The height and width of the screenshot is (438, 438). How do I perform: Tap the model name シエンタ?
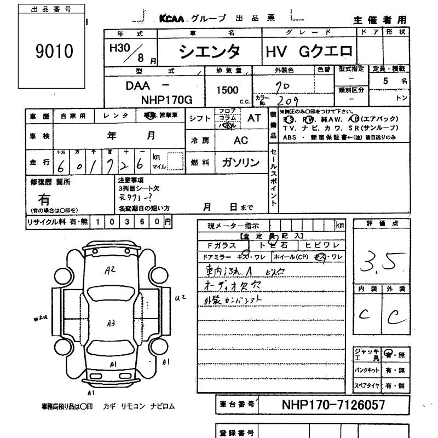coord(210,51)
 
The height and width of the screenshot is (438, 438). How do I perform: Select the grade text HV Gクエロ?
coord(309,51)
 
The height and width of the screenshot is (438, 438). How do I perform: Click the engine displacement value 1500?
coord(227,90)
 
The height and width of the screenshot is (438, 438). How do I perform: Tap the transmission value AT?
coord(254,118)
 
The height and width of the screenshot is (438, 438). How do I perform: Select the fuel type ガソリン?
coord(240,163)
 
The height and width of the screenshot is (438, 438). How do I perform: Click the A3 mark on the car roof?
coord(111,323)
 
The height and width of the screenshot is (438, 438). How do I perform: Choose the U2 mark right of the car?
coord(180,298)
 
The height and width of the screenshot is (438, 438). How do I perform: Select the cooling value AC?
coord(241,140)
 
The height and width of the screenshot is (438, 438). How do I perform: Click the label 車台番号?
coord(237,405)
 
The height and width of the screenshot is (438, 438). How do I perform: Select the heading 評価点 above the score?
coord(381,224)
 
